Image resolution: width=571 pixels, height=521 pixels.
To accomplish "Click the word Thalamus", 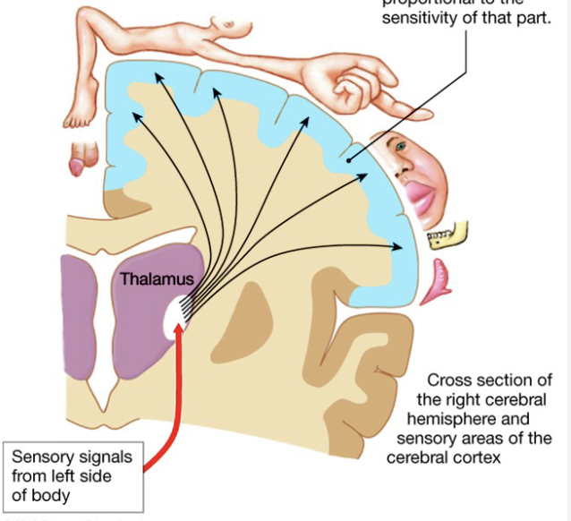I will (158, 279).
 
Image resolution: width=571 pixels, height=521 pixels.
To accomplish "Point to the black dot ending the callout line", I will (350, 160).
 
